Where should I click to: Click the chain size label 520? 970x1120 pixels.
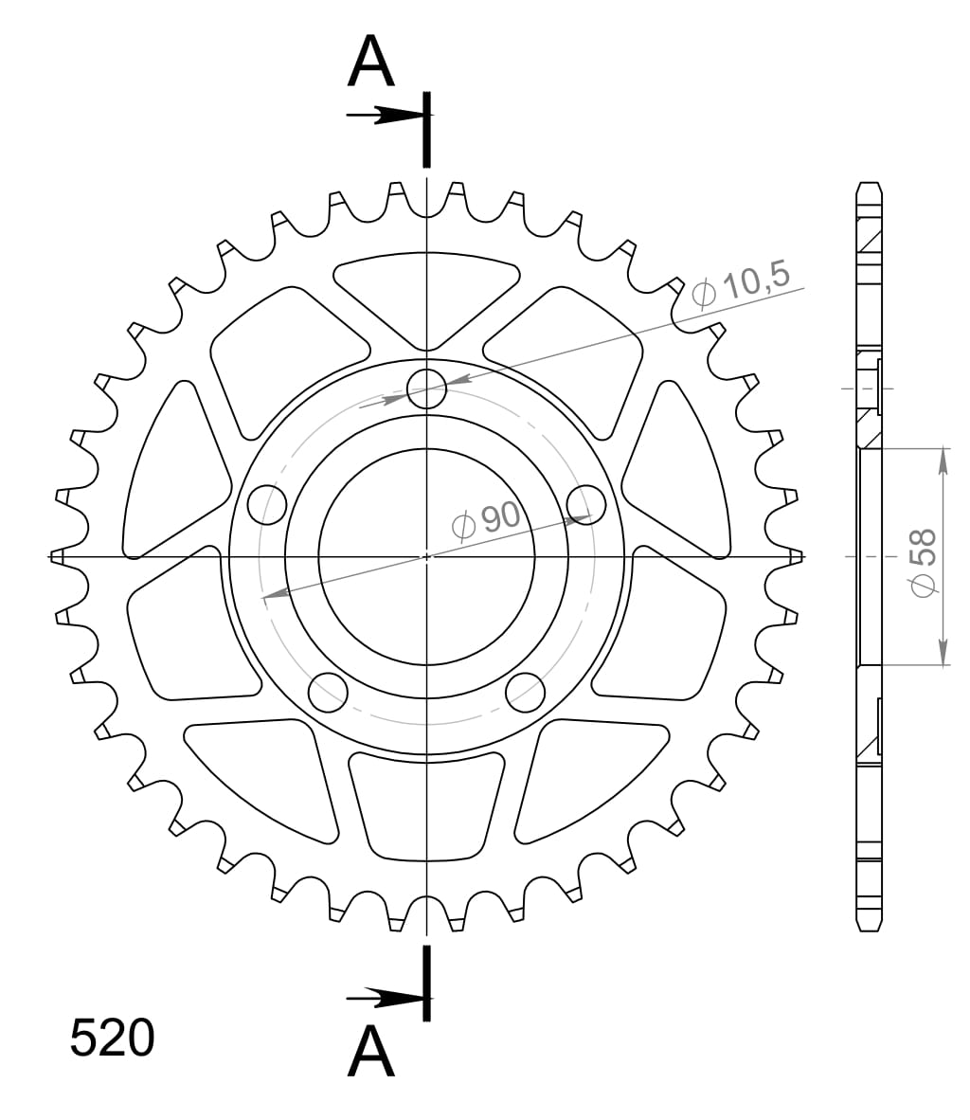click(x=112, y=1039)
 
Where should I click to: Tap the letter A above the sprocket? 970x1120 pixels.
click(x=370, y=63)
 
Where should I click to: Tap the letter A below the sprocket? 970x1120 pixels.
click(x=370, y=1053)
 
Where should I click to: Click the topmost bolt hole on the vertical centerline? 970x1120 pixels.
click(x=426, y=388)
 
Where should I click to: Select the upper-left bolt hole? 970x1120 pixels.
click(x=267, y=503)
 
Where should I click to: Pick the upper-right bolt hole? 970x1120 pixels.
click(x=585, y=503)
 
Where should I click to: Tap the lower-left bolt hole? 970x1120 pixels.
click(x=328, y=691)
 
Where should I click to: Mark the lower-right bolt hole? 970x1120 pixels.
click(x=525, y=691)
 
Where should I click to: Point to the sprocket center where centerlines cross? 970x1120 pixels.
click(x=426, y=556)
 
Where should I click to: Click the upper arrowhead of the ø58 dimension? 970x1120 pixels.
click(x=943, y=461)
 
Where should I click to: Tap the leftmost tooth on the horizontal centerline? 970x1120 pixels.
click(x=58, y=556)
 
